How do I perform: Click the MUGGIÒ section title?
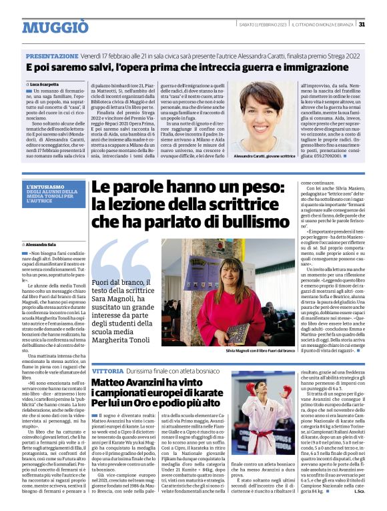(55, 27)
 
